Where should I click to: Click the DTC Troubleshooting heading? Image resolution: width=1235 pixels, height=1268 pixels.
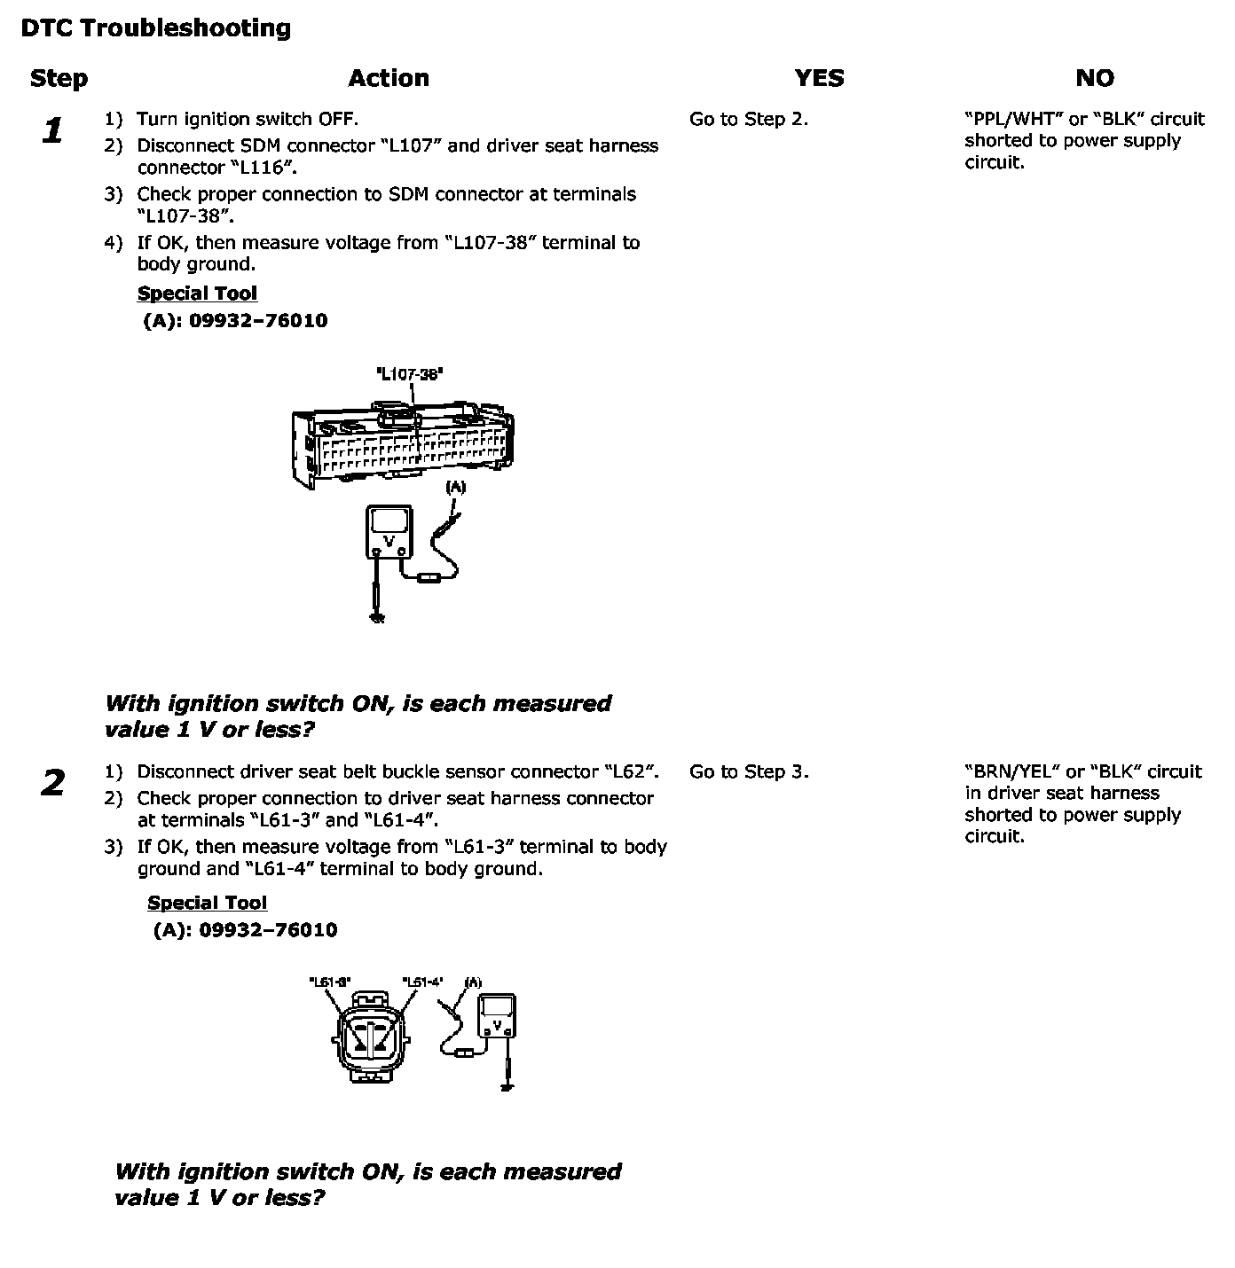coord(155,28)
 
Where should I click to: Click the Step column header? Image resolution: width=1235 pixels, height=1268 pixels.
coord(59,79)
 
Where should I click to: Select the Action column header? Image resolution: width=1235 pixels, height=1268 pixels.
coord(389,79)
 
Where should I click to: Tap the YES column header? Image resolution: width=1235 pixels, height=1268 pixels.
coord(819,79)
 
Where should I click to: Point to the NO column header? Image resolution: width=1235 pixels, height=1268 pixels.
coord(1094,79)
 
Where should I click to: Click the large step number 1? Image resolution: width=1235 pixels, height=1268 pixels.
coord(53,131)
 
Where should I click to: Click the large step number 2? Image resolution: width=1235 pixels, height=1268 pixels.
coord(53,784)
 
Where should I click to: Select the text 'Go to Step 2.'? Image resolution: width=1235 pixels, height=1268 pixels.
coord(749,120)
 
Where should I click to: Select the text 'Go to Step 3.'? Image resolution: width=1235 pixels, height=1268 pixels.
coord(749,772)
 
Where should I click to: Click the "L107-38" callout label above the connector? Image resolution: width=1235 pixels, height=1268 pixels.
coord(410,374)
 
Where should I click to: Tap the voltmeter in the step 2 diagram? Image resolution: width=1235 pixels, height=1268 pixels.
coord(497,1016)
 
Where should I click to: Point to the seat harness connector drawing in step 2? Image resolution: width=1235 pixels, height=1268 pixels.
coord(372,1037)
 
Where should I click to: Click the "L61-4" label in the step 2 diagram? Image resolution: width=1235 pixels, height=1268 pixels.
coord(422,982)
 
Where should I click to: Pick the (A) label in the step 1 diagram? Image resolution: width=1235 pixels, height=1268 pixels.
coord(455,487)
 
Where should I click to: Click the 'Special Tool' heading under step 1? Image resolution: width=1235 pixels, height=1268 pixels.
coord(197,294)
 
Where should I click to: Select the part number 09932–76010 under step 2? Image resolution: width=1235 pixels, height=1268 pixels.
coord(268,930)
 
